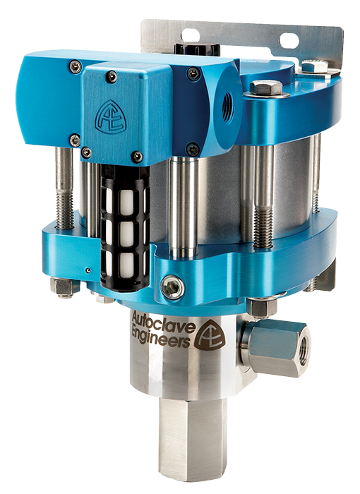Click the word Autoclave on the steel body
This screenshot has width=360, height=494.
coord(162,322)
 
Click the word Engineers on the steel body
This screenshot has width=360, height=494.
coord(161,338)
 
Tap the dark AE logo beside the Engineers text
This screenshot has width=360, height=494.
coord(210,335)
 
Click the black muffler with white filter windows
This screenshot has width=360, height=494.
coord(125,226)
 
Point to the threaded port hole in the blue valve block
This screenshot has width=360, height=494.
coord(228,108)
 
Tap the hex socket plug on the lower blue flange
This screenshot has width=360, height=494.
coord(172,287)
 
